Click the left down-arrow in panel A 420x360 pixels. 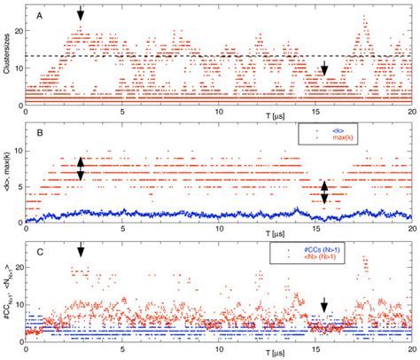coord(81,13)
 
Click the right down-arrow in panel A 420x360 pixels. coord(324,70)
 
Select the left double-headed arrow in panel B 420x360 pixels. coord(81,168)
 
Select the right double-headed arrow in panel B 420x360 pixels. coord(324,192)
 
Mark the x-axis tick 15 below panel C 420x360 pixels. coord(317,347)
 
